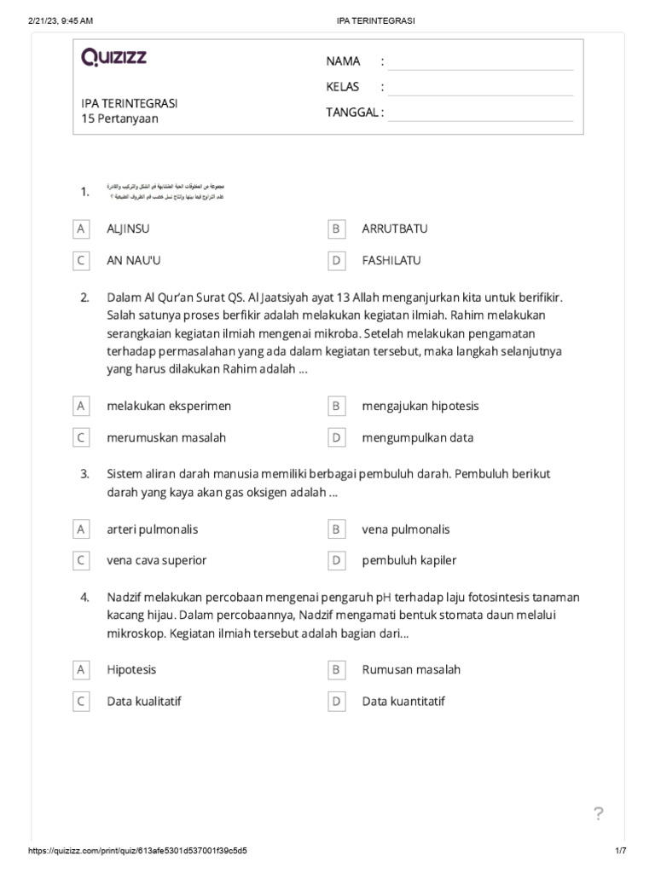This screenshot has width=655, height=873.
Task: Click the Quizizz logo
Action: point(113,58)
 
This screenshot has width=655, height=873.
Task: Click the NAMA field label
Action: point(343,61)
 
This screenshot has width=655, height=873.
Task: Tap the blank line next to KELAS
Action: point(479,88)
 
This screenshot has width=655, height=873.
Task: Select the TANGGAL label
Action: point(355,113)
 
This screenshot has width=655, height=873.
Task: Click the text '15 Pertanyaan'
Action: point(119,119)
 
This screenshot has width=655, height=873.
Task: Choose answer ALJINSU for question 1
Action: point(129,229)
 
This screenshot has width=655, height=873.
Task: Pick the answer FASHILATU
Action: point(391,261)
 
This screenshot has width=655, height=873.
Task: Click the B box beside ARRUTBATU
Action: point(336,229)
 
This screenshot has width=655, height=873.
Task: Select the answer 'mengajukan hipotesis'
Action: point(420,407)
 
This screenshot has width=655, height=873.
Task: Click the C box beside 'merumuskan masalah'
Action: point(81,438)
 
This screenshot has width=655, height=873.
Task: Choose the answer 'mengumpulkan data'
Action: point(417,438)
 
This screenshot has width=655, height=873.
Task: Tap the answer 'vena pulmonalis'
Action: point(404,529)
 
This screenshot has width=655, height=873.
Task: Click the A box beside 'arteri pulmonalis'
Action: point(81,529)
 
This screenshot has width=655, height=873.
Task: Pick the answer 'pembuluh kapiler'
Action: point(409,561)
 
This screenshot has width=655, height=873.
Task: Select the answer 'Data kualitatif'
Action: point(143,702)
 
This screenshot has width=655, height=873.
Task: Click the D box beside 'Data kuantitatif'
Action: point(336,702)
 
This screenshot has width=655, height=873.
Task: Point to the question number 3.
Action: point(84,474)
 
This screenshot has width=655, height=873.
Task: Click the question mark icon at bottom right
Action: point(599,814)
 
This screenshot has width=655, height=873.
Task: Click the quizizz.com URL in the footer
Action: point(139,852)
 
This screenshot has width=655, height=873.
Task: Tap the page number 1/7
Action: point(620,852)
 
